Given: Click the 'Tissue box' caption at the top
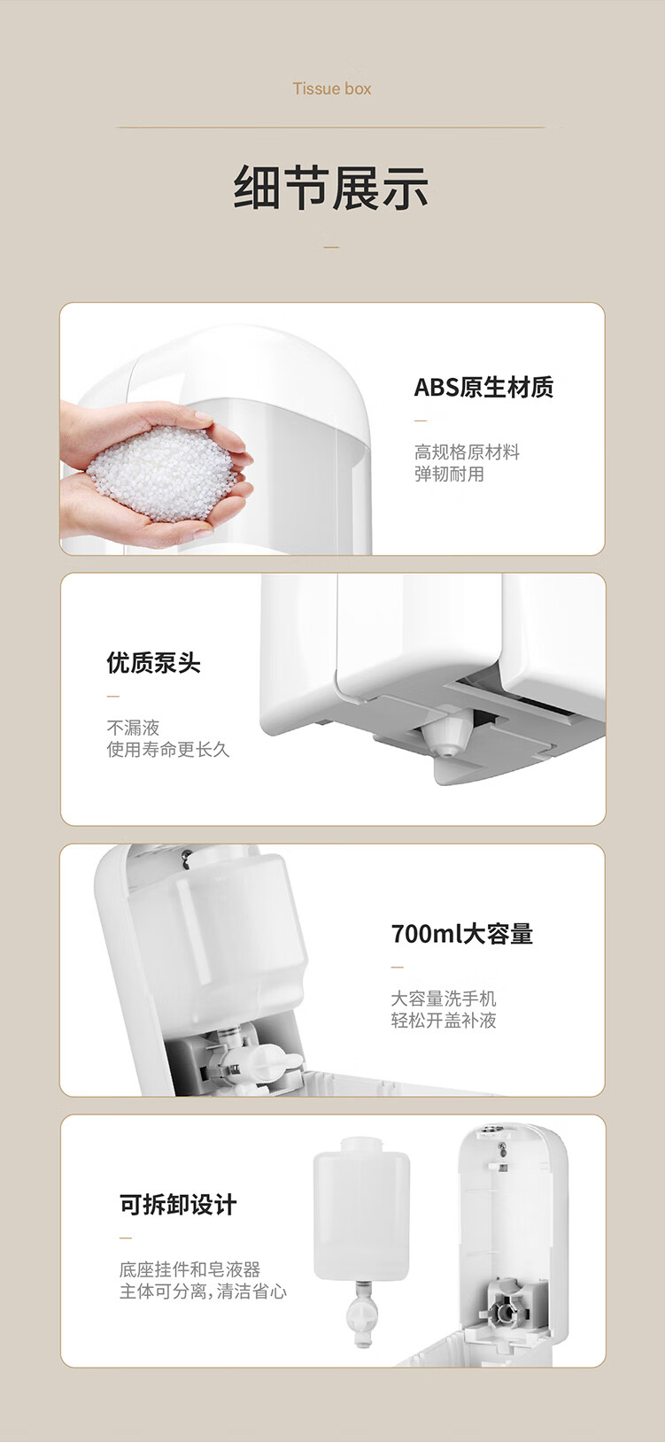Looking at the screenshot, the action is (332, 89).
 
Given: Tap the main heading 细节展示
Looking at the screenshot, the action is (331, 188).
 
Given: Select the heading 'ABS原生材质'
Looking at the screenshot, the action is (483, 388).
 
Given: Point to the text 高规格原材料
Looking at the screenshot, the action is (467, 452).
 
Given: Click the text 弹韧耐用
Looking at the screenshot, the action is (449, 474).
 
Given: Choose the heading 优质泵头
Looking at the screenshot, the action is (153, 662).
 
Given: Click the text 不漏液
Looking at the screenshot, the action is (133, 728).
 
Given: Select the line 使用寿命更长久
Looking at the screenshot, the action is (168, 749).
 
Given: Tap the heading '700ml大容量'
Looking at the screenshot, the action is (461, 933).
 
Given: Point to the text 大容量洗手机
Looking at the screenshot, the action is (444, 999).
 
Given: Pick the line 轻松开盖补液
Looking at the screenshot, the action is (444, 1021).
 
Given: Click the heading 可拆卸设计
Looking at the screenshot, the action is (178, 1204).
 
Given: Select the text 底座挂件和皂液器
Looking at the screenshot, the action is (189, 1268).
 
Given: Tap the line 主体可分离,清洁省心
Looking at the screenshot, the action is (203, 1291).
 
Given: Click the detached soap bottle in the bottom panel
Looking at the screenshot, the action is (362, 1210).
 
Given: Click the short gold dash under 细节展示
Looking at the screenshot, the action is (331, 247).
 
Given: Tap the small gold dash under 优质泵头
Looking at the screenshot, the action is (113, 697).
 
